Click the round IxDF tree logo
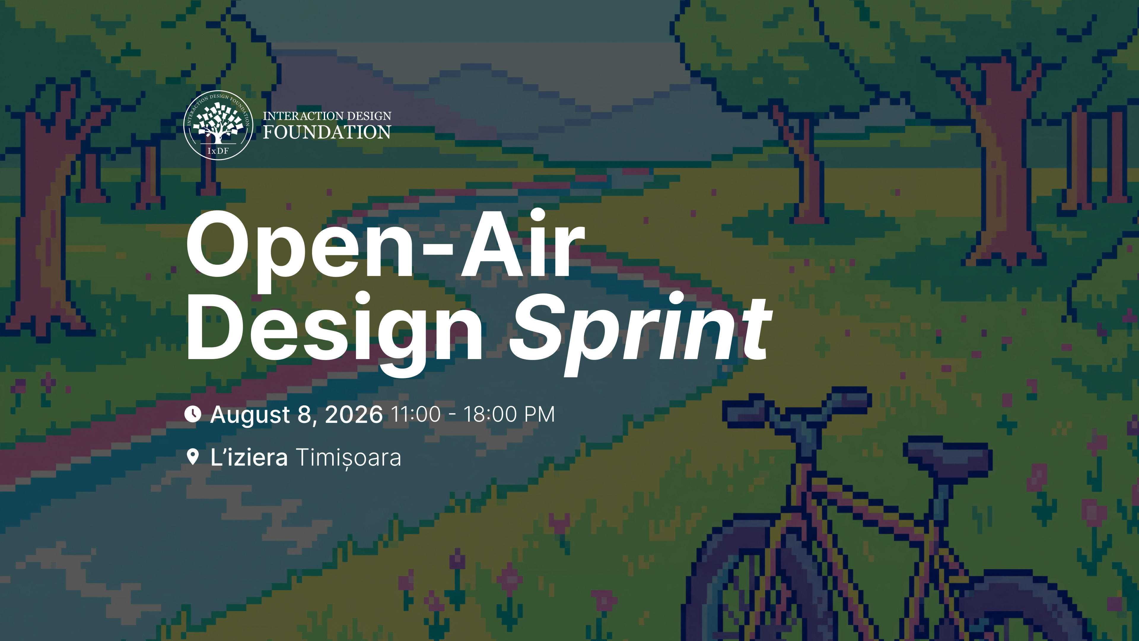218,125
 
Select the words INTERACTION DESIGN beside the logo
327,116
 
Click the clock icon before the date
193,414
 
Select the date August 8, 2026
296,415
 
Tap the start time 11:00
416,415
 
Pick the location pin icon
193,457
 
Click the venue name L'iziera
249,457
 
